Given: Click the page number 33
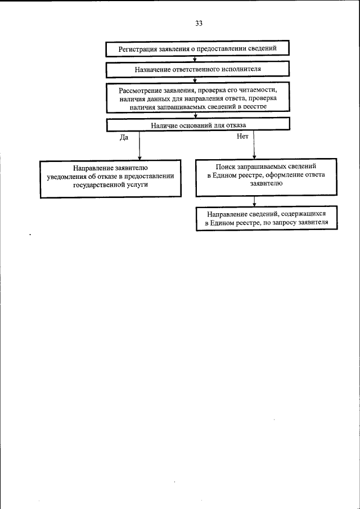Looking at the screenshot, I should [x=199, y=24].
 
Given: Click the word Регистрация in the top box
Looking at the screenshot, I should [x=139, y=49].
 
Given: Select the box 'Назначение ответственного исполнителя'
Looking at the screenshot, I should [x=198, y=70].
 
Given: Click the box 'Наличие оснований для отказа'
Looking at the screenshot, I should [x=198, y=125].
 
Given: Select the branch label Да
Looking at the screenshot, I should [x=125, y=137].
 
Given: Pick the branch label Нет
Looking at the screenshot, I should [x=243, y=137].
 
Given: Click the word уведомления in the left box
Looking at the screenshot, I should [x=69, y=175].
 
